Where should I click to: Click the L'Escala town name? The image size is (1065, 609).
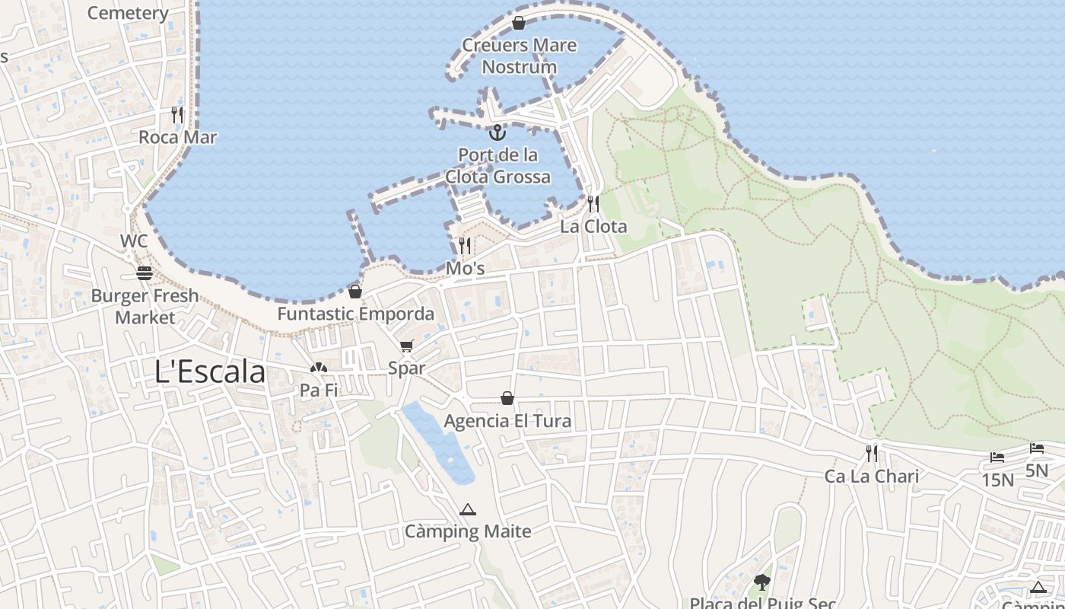tap(210, 372)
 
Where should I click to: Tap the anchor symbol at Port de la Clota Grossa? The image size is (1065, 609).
tap(498, 133)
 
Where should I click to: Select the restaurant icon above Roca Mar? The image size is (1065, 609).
tap(177, 115)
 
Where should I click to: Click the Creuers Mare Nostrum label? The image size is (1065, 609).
tap(520, 56)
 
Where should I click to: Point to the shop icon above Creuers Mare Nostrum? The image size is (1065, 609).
tap(519, 23)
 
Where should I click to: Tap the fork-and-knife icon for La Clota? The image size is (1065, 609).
tap(593, 204)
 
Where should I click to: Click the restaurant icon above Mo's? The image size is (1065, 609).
tap(465, 246)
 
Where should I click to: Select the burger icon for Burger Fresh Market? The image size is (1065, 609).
tap(145, 273)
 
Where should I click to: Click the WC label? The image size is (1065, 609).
tap(134, 241)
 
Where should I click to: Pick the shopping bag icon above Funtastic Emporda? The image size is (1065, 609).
tap(355, 291)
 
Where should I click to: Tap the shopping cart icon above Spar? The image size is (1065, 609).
tap(407, 346)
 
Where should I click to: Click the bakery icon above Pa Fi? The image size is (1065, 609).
tap(318, 368)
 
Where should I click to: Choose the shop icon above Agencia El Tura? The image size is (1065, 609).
tap(507, 398)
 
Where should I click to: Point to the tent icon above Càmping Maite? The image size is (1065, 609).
tap(468, 509)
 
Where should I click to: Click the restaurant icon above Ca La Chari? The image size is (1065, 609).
tap(872, 454)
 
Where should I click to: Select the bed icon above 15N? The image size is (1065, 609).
tap(997, 458)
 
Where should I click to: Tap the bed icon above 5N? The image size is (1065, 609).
tap(1037, 448)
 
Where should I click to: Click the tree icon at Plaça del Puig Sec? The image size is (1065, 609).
tap(762, 582)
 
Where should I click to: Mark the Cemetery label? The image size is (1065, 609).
tap(128, 13)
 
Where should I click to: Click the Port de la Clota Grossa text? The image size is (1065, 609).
tap(498, 166)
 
